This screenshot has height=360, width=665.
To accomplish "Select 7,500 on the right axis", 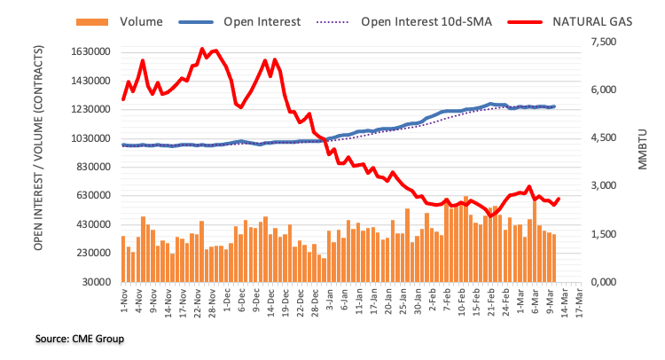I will (604, 43).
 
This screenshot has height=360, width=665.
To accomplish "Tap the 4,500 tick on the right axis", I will (604, 138).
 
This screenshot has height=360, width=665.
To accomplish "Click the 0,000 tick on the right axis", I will (604, 282).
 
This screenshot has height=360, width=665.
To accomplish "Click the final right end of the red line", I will (558, 199).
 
